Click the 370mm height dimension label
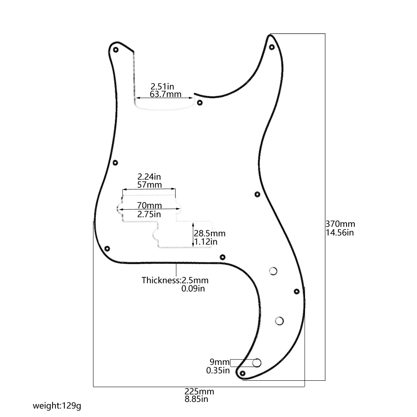click(340, 224)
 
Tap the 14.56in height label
click(340, 233)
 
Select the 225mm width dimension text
click(199, 391)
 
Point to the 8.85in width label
click(196, 399)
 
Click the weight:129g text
click(57, 406)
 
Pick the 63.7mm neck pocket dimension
click(165, 94)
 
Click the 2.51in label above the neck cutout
click(162, 86)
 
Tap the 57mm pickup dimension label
click(149, 184)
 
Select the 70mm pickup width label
click(149, 205)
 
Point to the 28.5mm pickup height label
click(210, 233)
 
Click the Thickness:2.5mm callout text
click(175, 280)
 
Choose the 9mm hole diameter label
click(219, 362)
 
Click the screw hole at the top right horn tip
click(272, 47)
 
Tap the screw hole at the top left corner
click(116, 50)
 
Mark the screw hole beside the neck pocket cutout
click(200, 103)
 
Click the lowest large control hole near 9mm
click(257, 363)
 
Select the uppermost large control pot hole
click(273, 271)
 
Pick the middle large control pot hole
click(279, 321)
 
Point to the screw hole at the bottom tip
click(242, 373)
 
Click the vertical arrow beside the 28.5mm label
click(193, 235)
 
